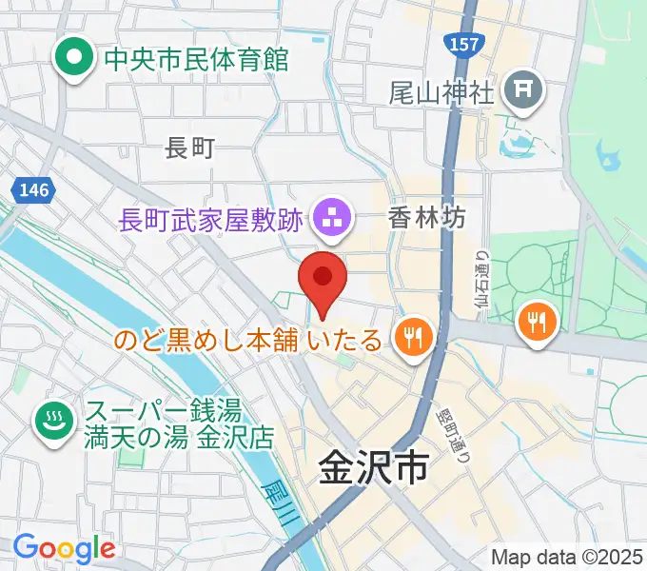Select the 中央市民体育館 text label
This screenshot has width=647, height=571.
(195, 60)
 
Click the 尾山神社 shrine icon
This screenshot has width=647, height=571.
(523, 91)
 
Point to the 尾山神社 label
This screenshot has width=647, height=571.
(441, 92)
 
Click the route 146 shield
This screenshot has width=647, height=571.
(32, 190)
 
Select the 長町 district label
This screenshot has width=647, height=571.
(190, 147)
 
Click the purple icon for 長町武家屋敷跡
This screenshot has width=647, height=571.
(332, 219)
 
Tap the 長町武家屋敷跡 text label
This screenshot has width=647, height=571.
(210, 220)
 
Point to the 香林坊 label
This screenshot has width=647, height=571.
(427, 218)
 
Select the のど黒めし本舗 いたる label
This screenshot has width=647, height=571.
(249, 340)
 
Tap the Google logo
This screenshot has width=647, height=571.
(64, 547)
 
